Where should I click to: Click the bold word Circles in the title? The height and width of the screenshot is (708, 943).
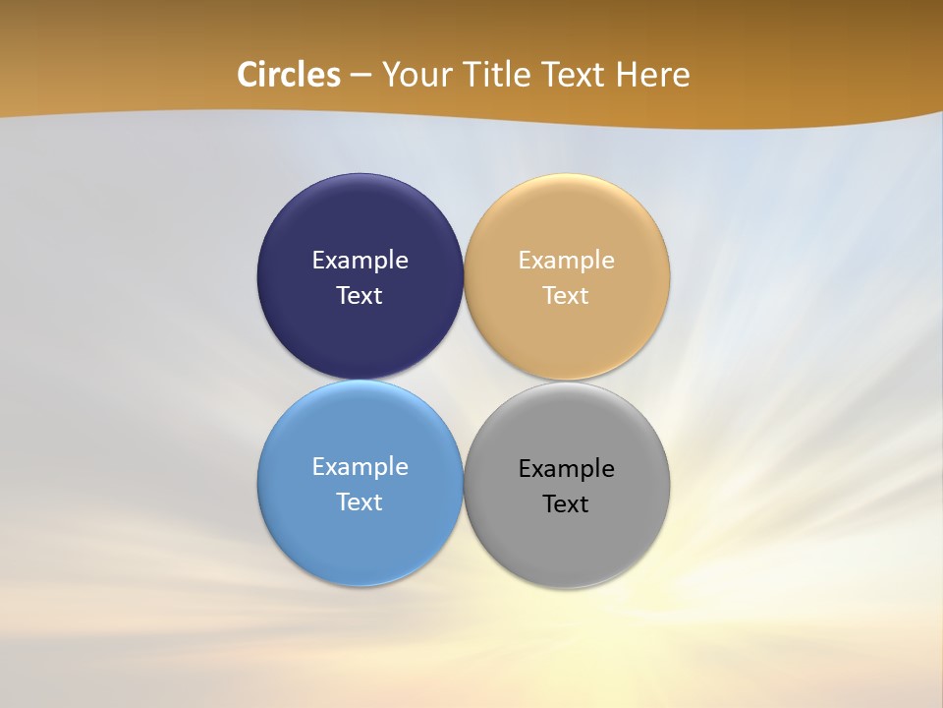[x=289, y=75]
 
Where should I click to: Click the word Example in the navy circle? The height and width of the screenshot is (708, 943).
[x=360, y=261]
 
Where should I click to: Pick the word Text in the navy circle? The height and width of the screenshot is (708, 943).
[x=360, y=296]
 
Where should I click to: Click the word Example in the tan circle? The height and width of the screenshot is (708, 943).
[x=566, y=261]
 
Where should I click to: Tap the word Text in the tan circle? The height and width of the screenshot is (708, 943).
[x=566, y=296]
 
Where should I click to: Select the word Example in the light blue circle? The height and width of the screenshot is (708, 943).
[x=360, y=467]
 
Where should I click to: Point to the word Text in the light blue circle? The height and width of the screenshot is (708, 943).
[x=360, y=502]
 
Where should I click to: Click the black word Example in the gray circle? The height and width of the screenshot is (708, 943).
[x=566, y=469]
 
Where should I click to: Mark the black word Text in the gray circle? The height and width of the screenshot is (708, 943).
[x=566, y=504]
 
